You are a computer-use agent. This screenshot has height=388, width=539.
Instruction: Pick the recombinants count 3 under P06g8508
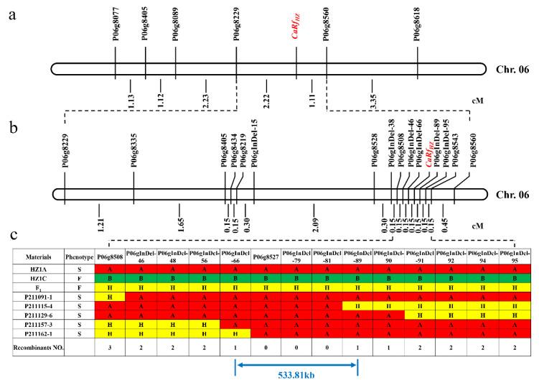[111, 346]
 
